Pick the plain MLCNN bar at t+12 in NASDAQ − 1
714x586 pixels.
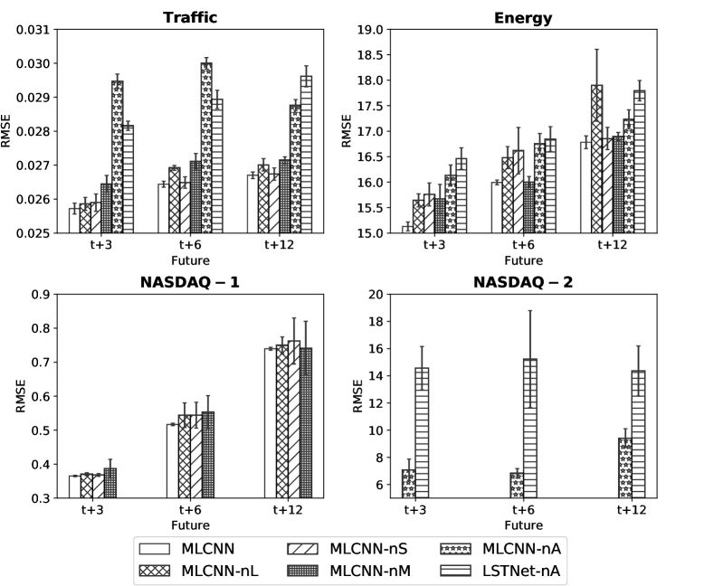(270, 423)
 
